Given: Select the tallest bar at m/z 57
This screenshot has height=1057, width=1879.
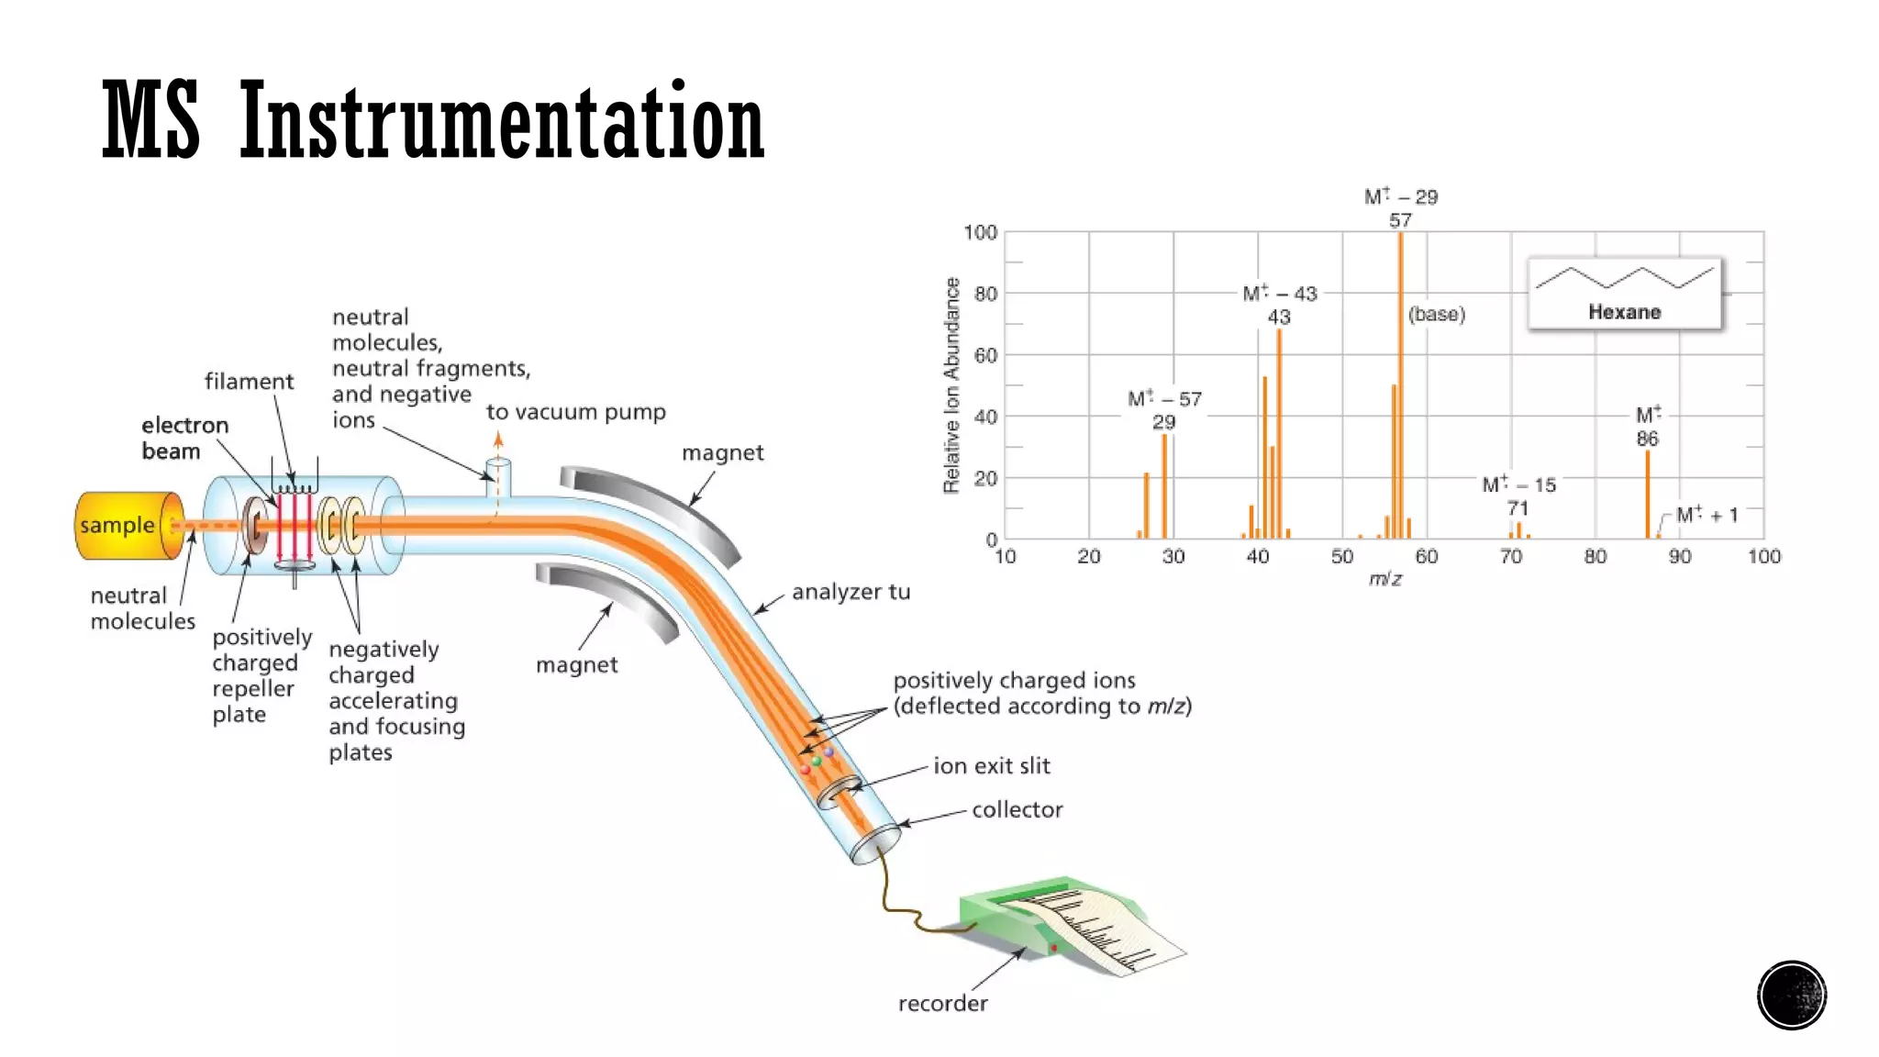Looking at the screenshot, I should [1400, 385].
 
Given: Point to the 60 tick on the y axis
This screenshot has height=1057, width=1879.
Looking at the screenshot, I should [985, 355].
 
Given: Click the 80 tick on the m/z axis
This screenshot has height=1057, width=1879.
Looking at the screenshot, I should [1595, 556].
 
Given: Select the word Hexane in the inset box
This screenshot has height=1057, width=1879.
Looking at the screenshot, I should [1624, 312].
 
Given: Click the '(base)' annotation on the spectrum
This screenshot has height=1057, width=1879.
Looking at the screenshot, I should [1437, 314].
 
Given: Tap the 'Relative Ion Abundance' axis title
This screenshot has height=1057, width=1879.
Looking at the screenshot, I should [951, 385].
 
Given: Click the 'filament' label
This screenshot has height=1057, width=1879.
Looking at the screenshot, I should [249, 381].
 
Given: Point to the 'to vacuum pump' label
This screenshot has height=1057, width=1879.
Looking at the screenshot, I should [575, 412].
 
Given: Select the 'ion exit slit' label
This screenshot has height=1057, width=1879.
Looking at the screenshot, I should [991, 765].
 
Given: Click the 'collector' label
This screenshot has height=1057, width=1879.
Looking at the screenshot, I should [1017, 809].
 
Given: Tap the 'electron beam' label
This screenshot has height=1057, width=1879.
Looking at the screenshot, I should [184, 438].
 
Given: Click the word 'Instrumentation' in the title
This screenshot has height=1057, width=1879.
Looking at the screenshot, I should [501, 121].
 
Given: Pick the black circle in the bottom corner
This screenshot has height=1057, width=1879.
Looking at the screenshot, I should [1791, 995].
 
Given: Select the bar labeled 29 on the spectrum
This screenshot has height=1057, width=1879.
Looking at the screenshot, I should [1164, 486].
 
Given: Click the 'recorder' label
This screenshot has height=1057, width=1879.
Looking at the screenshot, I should [942, 1003].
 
